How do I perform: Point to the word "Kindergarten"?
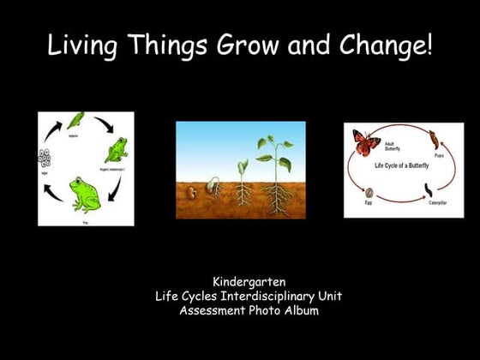(x=249, y=281)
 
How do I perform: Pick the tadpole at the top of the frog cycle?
(x=76, y=120)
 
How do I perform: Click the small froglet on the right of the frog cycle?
(x=116, y=153)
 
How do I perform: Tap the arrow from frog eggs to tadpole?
(x=53, y=132)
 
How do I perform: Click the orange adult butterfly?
(x=366, y=142)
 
